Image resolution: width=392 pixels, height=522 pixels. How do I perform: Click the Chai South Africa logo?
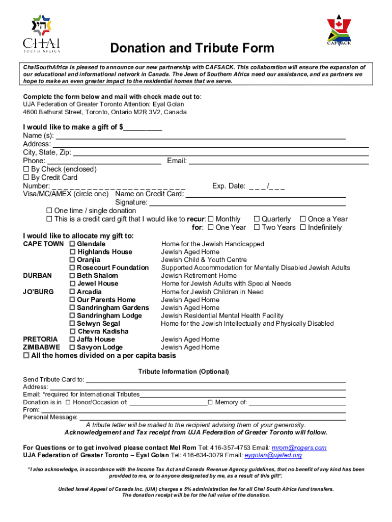point(41,33)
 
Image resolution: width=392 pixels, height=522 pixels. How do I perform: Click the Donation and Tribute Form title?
point(192,48)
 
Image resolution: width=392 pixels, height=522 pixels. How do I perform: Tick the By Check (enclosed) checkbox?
point(26,169)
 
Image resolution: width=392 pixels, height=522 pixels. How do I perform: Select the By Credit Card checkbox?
point(26,177)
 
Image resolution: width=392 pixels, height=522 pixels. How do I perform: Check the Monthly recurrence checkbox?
point(211,219)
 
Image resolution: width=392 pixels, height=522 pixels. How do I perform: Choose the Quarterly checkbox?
point(257,219)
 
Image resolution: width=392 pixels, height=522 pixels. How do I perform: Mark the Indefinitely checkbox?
point(303,227)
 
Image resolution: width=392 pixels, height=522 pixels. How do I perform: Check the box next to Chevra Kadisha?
point(72,331)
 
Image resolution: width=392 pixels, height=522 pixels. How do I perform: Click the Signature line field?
point(247,202)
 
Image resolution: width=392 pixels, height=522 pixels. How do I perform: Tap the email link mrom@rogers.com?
point(299,448)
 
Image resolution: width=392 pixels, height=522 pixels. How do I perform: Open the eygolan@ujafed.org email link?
point(273,455)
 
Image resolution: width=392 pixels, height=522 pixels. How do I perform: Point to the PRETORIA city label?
point(40,339)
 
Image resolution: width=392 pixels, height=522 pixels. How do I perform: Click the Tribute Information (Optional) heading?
point(184,372)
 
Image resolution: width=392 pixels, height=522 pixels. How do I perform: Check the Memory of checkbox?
point(210,402)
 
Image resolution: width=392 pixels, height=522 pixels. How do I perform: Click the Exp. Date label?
point(229,186)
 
